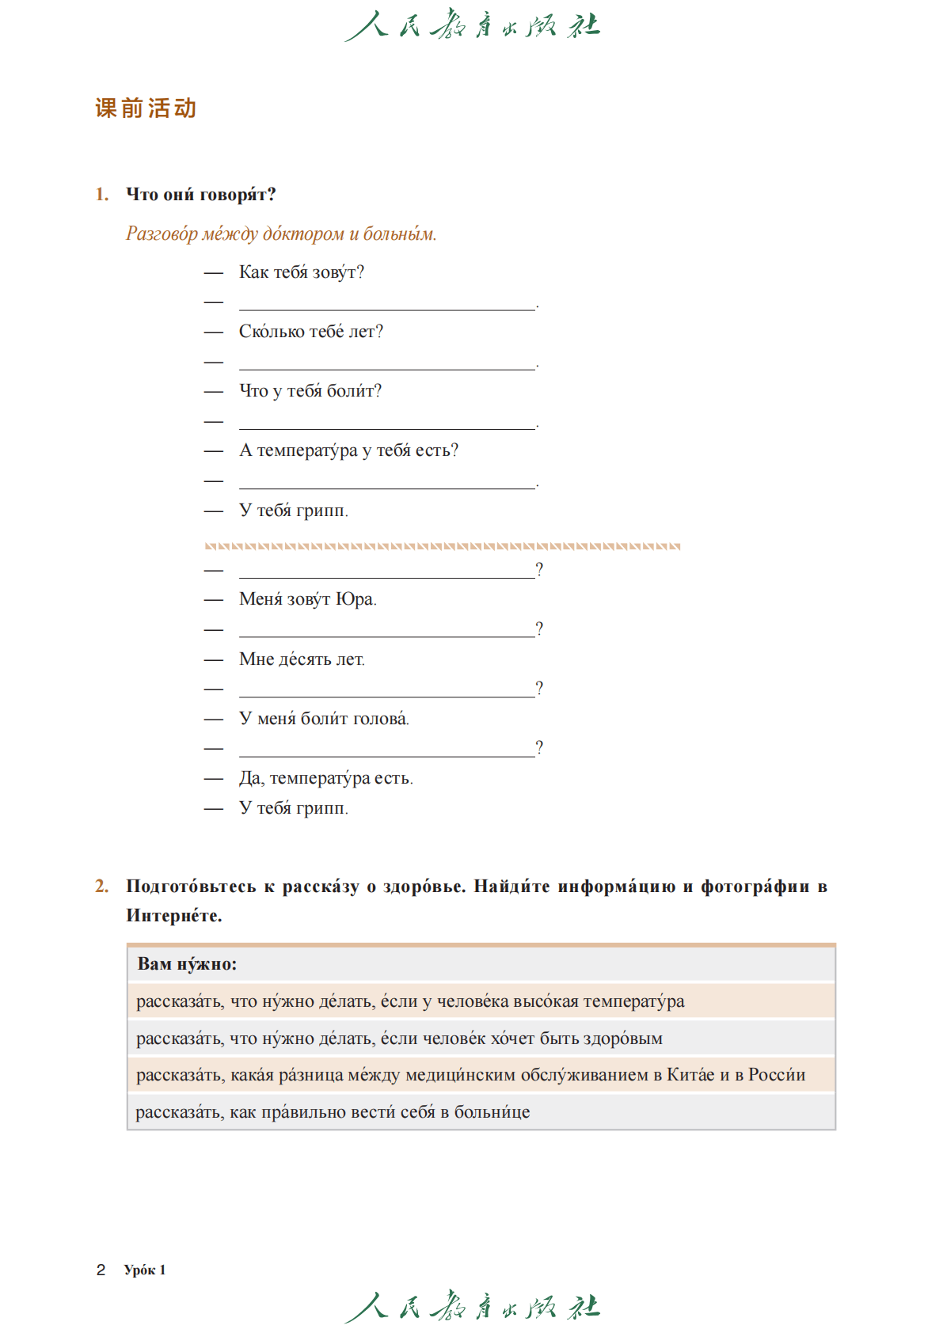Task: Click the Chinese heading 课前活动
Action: (x=146, y=108)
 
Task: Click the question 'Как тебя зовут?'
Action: (x=301, y=272)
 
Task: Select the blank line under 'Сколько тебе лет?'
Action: (x=387, y=363)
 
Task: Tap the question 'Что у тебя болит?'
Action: (x=310, y=391)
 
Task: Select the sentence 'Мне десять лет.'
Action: (x=302, y=659)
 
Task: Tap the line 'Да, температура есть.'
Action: (x=325, y=778)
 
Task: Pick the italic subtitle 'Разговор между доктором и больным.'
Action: (x=281, y=234)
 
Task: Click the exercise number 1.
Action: (x=102, y=195)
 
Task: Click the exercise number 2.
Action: (x=102, y=887)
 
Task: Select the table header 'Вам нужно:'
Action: (x=187, y=964)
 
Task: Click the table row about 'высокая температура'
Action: (x=410, y=1001)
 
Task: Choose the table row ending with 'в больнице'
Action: (x=333, y=1112)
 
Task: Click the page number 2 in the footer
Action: (x=101, y=1270)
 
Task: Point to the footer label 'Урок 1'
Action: (x=145, y=1270)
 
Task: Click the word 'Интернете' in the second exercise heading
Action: (x=173, y=916)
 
